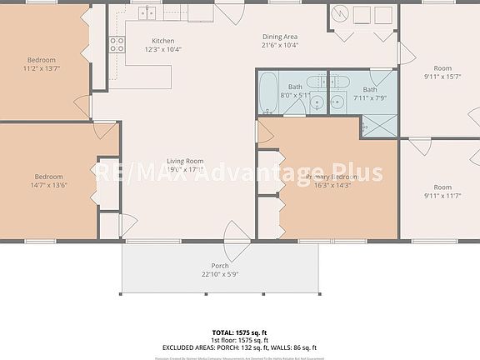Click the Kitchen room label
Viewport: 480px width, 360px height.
pos(162,41)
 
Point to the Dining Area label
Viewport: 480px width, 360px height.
pos(280,37)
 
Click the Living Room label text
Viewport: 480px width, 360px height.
pos(185,161)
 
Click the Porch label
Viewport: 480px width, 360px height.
pos(219,267)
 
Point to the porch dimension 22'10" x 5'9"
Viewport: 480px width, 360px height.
pos(219,275)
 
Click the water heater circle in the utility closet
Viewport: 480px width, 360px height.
pos(339,14)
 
